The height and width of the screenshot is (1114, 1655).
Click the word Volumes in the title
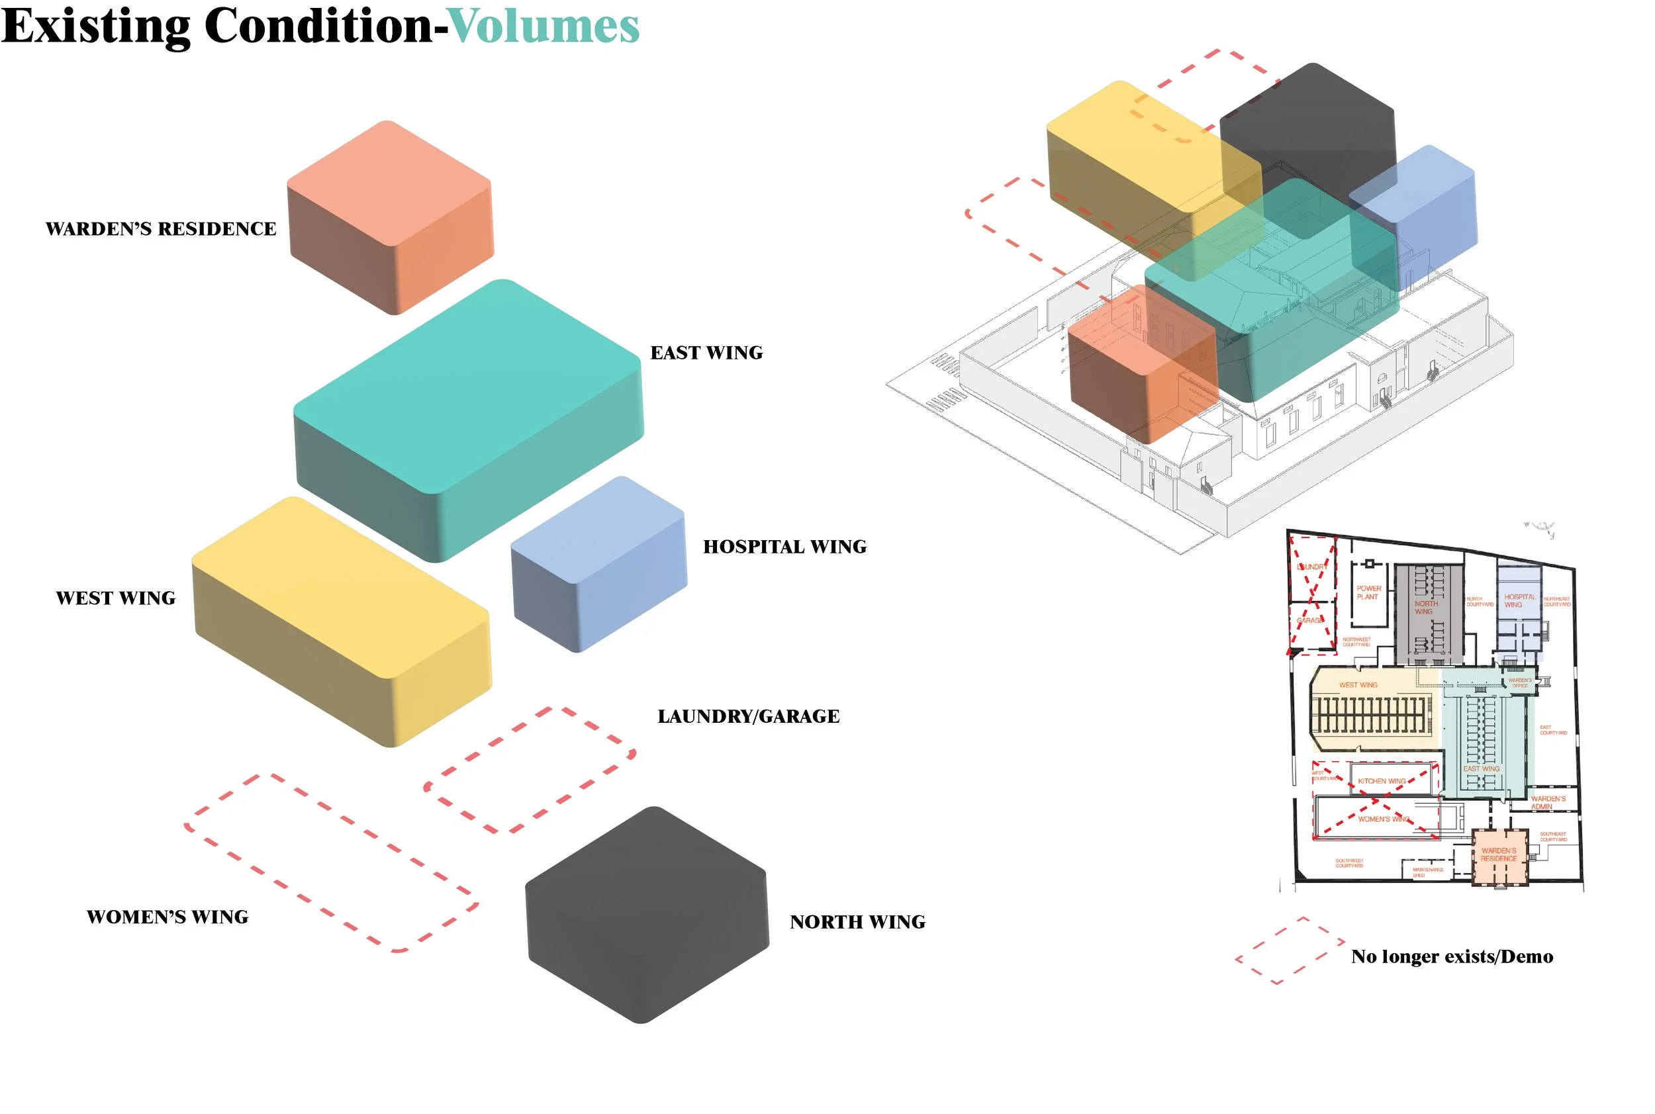[544, 27]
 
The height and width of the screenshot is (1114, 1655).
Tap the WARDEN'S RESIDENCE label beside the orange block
[161, 229]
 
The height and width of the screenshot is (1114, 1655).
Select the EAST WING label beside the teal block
[706, 353]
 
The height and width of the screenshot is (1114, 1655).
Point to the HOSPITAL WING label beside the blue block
[784, 547]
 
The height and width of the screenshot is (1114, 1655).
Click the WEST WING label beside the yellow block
[116, 598]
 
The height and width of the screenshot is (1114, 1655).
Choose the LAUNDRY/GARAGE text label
[748, 716]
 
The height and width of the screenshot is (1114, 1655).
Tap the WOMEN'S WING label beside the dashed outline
[167, 917]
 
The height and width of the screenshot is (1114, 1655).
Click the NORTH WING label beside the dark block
[858, 922]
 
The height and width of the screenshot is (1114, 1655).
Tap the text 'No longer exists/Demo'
[1452, 957]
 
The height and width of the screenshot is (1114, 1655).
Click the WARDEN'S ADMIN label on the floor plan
[1548, 803]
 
